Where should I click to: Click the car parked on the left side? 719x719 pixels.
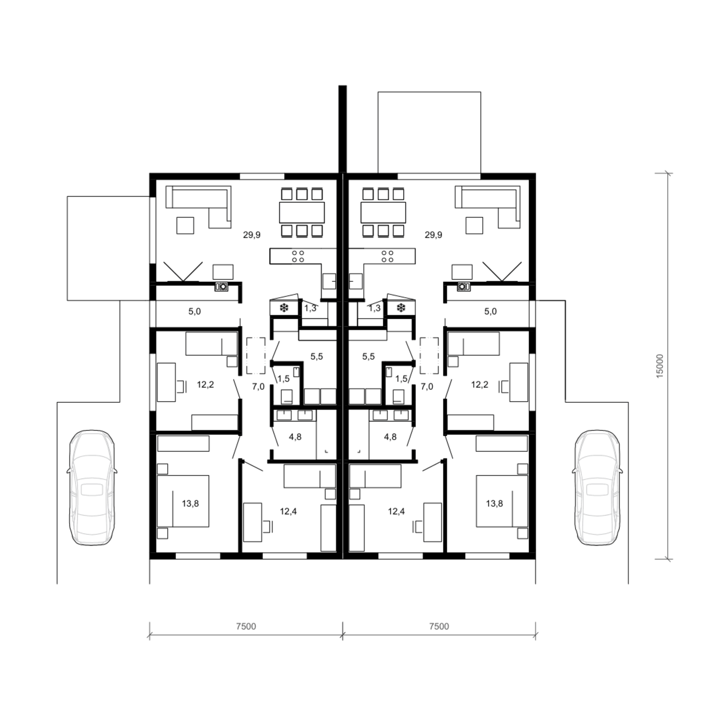[x=92, y=487]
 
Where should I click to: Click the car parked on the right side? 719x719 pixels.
[x=597, y=487]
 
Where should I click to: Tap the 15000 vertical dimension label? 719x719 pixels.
[x=660, y=366]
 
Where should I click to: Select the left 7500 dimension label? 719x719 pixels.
[x=246, y=626]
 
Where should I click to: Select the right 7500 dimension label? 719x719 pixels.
[x=439, y=626]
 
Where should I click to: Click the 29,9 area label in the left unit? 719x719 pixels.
[x=252, y=235]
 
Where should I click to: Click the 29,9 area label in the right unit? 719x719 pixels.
[x=433, y=235]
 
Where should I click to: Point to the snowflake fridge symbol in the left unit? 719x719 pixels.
[x=284, y=308]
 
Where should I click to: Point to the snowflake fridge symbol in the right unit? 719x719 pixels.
[x=401, y=308]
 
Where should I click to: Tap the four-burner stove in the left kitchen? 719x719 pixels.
[x=298, y=256]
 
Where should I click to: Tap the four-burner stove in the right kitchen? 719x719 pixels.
[x=387, y=256]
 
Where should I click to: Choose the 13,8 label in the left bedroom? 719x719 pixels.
[x=190, y=503]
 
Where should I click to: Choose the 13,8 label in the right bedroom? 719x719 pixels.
[x=494, y=503]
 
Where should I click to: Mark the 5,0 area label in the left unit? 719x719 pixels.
[x=194, y=311]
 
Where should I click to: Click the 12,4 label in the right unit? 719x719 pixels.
[x=396, y=511]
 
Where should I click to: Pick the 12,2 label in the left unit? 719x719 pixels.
[x=206, y=384]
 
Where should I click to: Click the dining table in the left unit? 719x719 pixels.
[x=302, y=212]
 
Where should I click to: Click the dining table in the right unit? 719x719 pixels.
[x=383, y=212]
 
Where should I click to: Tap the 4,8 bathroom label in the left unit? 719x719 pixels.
[x=295, y=437]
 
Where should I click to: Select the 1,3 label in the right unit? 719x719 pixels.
[x=374, y=308]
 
